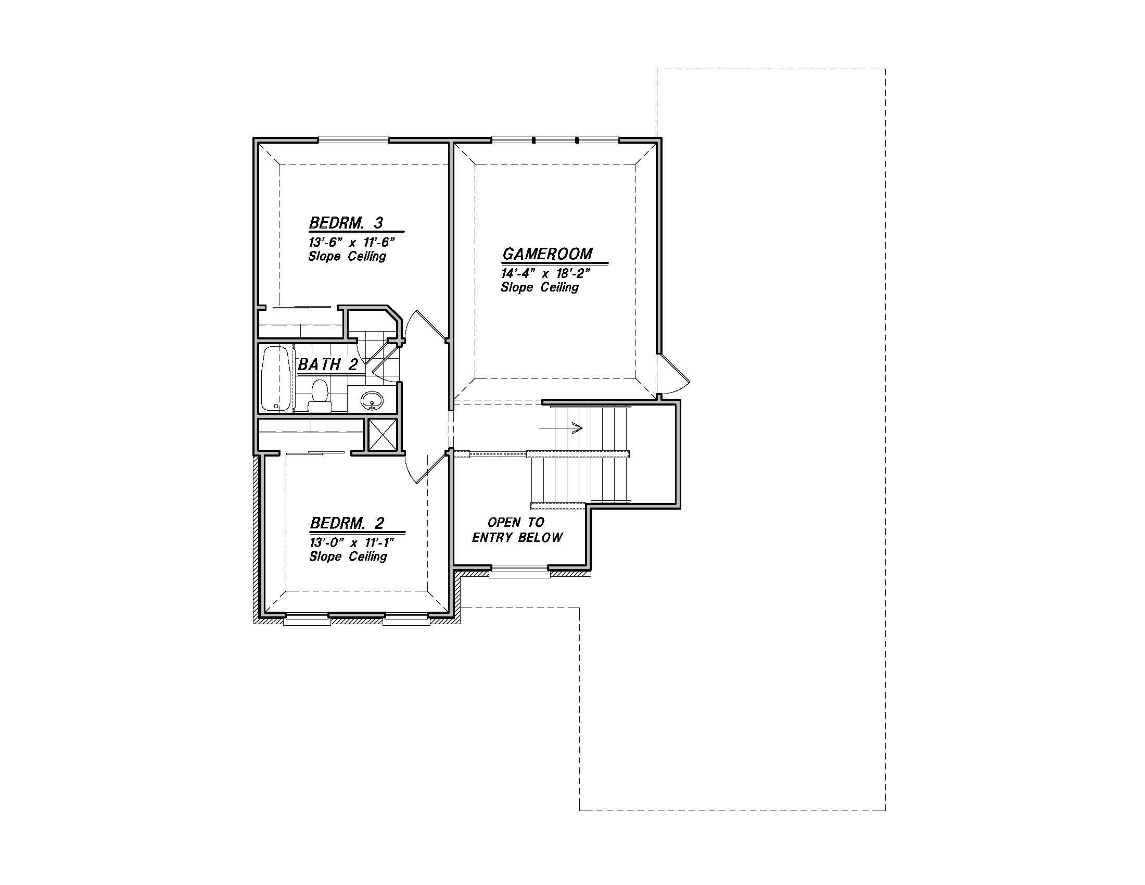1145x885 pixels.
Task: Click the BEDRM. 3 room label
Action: click(347, 223)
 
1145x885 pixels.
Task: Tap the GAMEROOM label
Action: click(548, 254)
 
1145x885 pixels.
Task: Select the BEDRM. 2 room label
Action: click(347, 523)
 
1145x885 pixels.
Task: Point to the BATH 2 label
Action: click(328, 364)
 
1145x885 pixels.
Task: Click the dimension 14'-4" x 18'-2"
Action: click(546, 273)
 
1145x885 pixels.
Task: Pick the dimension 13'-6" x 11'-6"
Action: click(351, 242)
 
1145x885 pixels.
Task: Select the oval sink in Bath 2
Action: click(373, 401)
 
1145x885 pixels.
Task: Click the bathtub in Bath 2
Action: click(276, 378)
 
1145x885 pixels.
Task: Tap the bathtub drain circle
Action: click(276, 406)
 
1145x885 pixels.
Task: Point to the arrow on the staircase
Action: click(561, 428)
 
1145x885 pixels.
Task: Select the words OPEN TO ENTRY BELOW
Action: click(517, 529)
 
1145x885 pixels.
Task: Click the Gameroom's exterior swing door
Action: click(673, 374)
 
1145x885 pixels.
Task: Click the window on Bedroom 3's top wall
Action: click(354, 140)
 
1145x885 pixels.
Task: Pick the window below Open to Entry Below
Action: click(519, 573)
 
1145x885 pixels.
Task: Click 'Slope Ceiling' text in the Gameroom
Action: click(540, 287)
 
